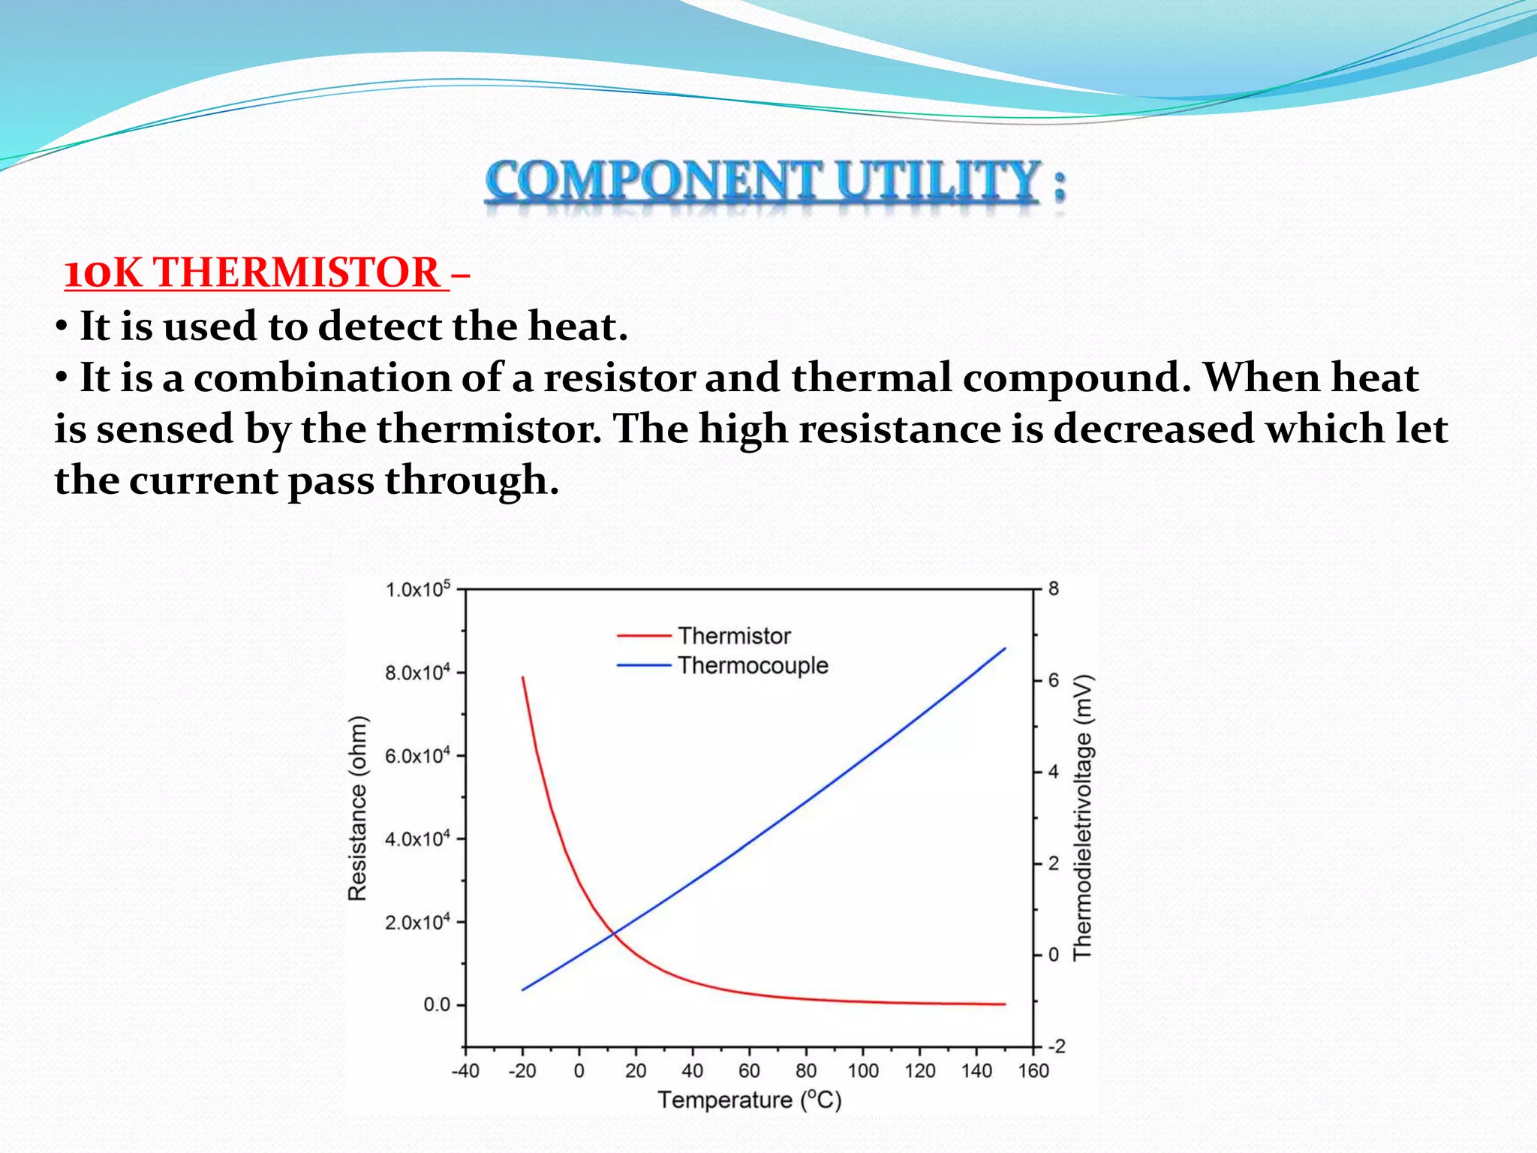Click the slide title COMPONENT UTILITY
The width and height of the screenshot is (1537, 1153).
pos(773,182)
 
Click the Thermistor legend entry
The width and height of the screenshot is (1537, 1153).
pos(733,636)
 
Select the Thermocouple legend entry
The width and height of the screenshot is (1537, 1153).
pos(752,665)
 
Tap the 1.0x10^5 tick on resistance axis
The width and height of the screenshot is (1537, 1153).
pos(417,589)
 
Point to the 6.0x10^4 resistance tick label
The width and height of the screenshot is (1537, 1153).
pos(417,756)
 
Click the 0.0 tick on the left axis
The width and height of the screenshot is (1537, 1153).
pos(437,1004)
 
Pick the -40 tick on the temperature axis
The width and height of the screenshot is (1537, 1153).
pos(465,1070)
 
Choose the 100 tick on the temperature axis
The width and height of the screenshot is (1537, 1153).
pos(863,1070)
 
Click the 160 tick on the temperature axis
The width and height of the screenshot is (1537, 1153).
pos(1033,1070)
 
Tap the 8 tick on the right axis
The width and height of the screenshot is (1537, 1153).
pos(1054,589)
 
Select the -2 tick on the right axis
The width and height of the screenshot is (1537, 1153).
pos(1056,1046)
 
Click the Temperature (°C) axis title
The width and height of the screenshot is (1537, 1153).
pos(749,1100)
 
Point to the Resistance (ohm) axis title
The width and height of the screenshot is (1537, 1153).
pos(358,808)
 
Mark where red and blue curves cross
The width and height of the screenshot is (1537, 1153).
pos(613,933)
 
